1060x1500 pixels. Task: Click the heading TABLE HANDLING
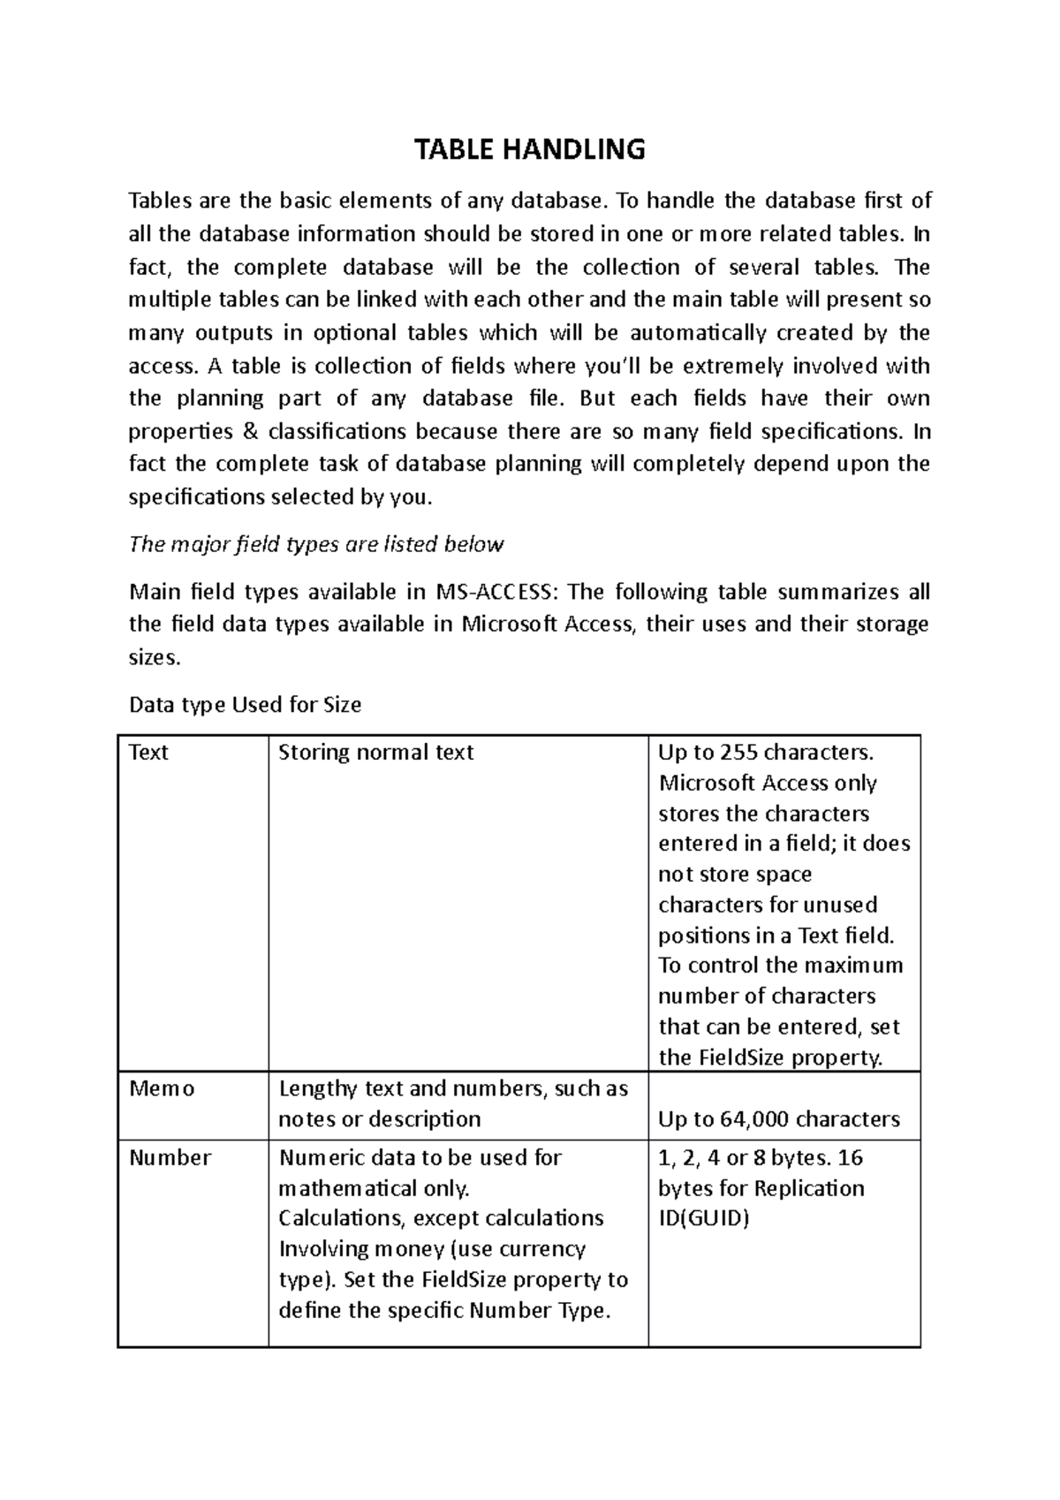tap(530, 150)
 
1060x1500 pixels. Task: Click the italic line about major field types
tap(315, 544)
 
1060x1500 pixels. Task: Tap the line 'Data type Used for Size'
tap(245, 705)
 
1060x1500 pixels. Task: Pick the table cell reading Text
tap(148, 753)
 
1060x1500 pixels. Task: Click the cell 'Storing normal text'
tap(375, 753)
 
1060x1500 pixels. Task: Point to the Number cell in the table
tap(170, 1157)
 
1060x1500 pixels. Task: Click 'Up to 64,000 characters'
tap(778, 1119)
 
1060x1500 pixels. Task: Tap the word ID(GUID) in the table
tap(703, 1218)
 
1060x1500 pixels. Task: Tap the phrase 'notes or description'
tap(379, 1119)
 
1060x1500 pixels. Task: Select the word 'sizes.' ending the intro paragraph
tap(154, 657)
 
